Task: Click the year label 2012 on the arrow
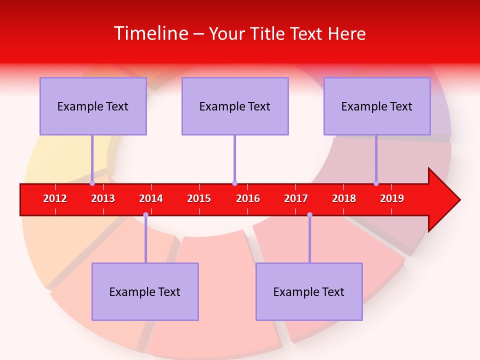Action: point(55,198)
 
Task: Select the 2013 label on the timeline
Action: point(103,198)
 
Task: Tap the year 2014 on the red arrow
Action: point(151,198)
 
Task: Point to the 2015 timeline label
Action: point(199,198)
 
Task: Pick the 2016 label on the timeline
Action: point(248,198)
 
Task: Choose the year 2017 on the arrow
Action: point(296,198)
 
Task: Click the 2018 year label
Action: point(344,198)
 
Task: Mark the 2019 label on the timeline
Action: point(392,198)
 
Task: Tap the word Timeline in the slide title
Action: point(150,33)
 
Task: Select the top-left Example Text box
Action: point(93,106)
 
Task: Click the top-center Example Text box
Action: point(235,106)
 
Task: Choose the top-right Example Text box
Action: point(377,106)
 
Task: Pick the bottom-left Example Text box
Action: point(145,291)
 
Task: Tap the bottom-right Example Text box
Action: point(309,291)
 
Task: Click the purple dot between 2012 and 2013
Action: point(92,183)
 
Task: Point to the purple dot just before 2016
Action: point(234,183)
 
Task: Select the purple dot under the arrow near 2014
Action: point(145,214)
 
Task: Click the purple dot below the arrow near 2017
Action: point(309,214)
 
